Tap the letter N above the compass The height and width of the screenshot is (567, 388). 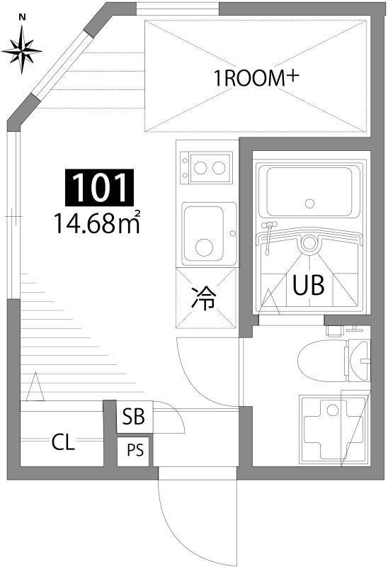point(21,16)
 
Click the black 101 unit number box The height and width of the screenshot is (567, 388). point(99,188)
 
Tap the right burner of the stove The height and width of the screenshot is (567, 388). point(219,169)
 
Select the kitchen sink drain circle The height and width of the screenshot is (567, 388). point(204,247)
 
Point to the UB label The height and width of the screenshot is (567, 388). point(308,286)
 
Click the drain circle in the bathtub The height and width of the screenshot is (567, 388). point(309,203)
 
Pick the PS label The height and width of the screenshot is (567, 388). point(134,449)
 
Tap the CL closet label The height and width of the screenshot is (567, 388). point(63,444)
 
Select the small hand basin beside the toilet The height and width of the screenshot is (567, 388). point(359,360)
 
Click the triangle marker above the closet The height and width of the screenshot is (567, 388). point(35,388)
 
